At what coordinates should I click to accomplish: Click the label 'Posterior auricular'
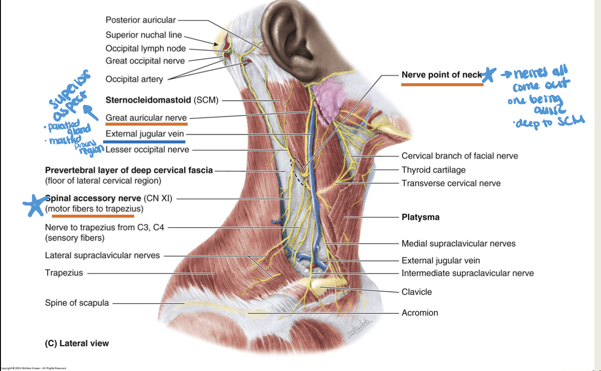(x=140, y=20)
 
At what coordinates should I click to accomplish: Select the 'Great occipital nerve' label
(x=145, y=60)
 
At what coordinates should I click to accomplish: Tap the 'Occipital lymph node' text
(x=146, y=48)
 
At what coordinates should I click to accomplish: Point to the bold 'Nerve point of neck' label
(x=442, y=75)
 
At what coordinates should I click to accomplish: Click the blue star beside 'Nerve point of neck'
(x=490, y=75)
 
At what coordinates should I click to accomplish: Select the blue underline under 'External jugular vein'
(x=144, y=142)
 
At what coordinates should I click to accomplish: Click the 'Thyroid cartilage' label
(x=433, y=170)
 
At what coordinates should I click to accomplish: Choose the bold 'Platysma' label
(x=420, y=217)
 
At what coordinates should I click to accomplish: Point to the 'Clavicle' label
(x=416, y=292)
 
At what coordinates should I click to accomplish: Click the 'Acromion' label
(x=420, y=313)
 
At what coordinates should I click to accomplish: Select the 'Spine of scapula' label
(x=77, y=303)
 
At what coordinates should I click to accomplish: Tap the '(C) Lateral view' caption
(x=77, y=343)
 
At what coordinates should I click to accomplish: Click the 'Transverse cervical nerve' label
(x=451, y=183)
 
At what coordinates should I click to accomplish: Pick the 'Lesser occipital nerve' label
(x=147, y=149)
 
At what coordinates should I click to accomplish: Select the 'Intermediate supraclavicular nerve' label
(x=467, y=273)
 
